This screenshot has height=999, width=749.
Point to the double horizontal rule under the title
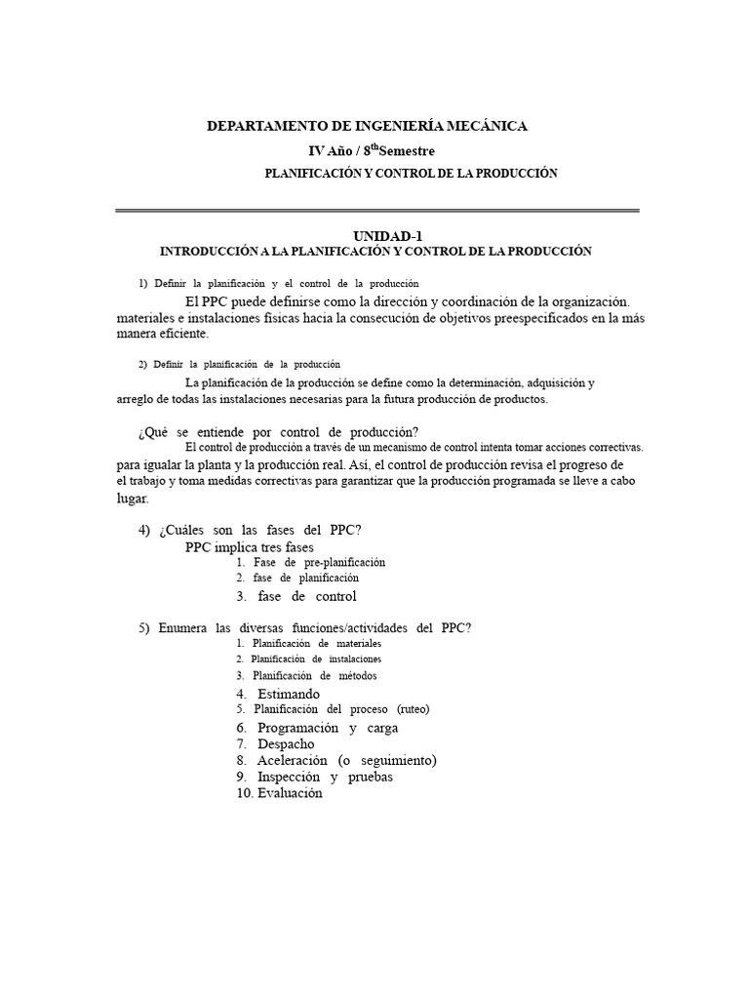point(376,210)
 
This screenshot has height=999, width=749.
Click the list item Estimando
point(288,694)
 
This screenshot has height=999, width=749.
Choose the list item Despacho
point(286,743)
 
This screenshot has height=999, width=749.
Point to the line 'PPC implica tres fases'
point(250,547)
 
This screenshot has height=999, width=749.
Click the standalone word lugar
point(132,499)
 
